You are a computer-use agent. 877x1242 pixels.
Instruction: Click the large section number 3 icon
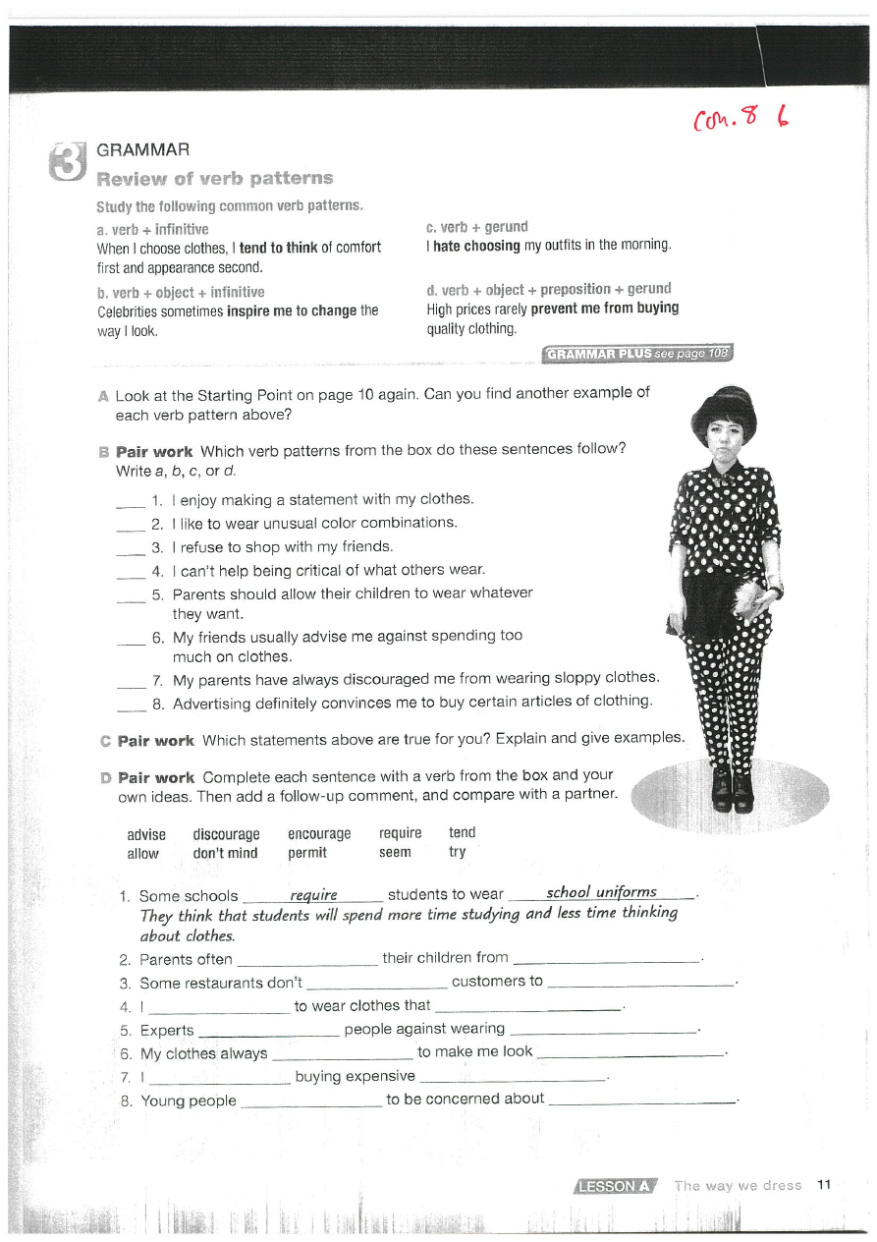pyautogui.click(x=66, y=161)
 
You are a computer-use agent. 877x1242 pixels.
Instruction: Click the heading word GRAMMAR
pyautogui.click(x=142, y=150)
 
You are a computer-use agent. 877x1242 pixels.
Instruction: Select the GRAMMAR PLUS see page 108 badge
pyautogui.click(x=636, y=354)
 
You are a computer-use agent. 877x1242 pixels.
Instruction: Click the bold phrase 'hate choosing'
pyautogui.click(x=477, y=246)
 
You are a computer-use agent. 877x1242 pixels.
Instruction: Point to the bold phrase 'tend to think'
pyautogui.click(x=278, y=248)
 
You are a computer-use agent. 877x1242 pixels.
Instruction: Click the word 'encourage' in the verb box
pyautogui.click(x=319, y=833)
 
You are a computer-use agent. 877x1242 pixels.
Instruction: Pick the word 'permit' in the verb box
pyautogui.click(x=306, y=853)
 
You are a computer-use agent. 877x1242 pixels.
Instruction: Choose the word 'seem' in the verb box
pyautogui.click(x=395, y=853)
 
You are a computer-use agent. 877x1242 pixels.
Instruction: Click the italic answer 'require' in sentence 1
pyautogui.click(x=313, y=894)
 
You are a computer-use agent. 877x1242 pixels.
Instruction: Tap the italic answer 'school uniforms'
pyautogui.click(x=601, y=892)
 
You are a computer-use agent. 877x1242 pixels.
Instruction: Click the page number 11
pyautogui.click(x=823, y=1185)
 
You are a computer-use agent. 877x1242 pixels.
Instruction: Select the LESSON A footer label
pyautogui.click(x=615, y=1186)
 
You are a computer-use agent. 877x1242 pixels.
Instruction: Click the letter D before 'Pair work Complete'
pyautogui.click(x=105, y=777)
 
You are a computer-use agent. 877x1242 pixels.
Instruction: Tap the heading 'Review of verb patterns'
pyautogui.click(x=214, y=179)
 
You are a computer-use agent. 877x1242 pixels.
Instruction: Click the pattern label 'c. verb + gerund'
pyautogui.click(x=476, y=227)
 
